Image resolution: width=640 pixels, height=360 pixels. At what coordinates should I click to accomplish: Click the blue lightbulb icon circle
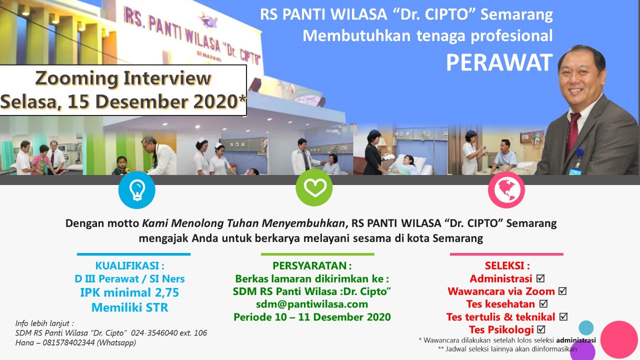point(137,190)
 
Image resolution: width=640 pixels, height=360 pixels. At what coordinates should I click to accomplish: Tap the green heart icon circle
point(314,187)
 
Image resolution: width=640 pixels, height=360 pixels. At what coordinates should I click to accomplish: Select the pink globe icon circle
point(506,190)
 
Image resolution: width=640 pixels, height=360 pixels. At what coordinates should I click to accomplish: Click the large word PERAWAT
point(499,62)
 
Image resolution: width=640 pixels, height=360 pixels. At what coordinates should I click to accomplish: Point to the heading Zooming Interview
point(123,78)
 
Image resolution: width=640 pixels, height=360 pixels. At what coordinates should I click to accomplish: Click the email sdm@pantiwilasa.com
point(312,304)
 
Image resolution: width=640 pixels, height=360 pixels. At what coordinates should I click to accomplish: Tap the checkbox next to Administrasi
point(540,278)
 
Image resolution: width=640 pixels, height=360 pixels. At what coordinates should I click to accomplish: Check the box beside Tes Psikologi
point(541,329)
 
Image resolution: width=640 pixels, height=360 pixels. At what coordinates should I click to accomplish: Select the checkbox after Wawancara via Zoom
point(562,291)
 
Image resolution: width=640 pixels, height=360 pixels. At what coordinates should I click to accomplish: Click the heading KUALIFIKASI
point(129,265)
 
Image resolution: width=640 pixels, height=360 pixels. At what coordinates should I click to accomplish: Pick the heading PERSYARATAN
point(312,265)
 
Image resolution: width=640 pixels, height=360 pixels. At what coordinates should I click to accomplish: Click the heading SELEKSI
point(507,265)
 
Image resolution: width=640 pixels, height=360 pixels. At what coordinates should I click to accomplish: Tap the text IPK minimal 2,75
point(129,292)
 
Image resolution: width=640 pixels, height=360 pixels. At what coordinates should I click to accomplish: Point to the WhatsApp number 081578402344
point(68,342)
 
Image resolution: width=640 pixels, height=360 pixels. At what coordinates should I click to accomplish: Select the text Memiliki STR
point(129,307)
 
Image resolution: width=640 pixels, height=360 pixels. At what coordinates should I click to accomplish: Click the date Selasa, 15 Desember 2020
point(123,102)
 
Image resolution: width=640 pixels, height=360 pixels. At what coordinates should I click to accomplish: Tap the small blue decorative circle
point(586,327)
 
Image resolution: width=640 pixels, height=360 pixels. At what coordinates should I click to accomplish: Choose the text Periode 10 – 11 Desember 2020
point(312,317)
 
